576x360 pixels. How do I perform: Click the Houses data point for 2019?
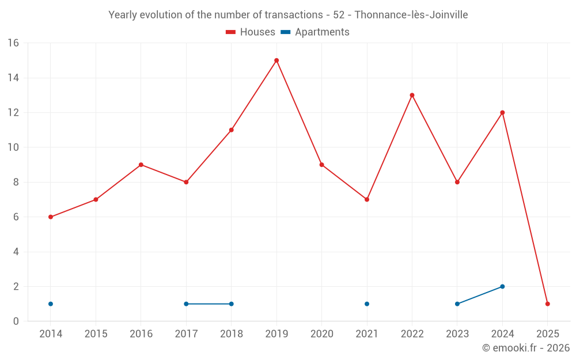[276, 60]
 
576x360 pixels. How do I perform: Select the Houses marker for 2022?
[412, 95]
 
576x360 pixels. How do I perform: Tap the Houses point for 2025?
[547, 304]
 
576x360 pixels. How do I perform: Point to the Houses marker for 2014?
[51, 217]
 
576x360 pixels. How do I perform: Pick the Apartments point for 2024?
[502, 286]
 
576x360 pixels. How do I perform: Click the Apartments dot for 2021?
[367, 304]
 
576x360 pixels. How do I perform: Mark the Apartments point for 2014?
[51, 304]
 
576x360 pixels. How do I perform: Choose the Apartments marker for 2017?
[186, 304]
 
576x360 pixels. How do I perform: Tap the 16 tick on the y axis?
[13, 43]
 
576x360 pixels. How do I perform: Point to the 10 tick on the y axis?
[13, 147]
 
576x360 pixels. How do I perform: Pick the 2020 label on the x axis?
[321, 334]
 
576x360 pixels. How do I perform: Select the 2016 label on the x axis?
[141, 334]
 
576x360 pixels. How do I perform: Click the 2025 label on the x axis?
[547, 334]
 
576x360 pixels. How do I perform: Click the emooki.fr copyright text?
[525, 348]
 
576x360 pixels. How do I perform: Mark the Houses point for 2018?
[231, 130]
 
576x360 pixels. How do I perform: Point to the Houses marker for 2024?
[502, 113]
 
